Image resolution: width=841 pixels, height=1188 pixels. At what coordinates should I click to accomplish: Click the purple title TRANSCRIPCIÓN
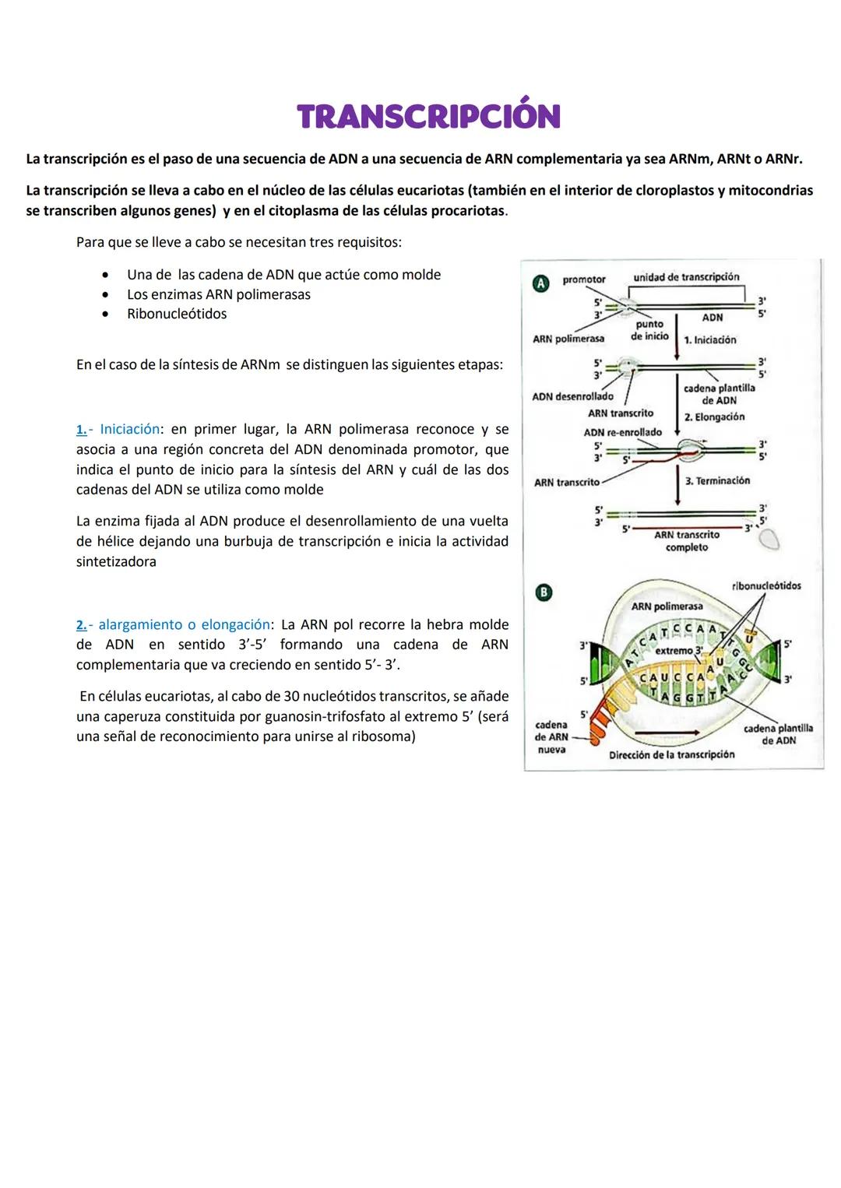tap(428, 116)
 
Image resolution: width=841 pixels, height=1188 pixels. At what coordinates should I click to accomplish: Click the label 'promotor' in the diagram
tap(583, 279)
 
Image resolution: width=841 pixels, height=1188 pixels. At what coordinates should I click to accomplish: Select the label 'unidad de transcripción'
tap(686, 277)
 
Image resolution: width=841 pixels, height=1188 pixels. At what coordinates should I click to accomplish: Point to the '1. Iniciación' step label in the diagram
tap(709, 340)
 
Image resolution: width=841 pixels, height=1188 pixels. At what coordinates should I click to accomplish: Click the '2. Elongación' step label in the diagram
tap(714, 417)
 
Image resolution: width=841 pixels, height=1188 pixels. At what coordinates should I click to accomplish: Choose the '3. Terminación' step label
tap(717, 481)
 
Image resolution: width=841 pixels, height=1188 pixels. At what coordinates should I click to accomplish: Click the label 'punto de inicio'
tap(649, 330)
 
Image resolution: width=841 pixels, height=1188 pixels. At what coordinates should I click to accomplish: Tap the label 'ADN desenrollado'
tap(572, 396)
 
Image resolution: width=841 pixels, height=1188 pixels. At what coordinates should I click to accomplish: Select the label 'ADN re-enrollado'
tap(622, 432)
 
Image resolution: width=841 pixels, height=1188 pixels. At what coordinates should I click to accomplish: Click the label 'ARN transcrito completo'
tap(686, 541)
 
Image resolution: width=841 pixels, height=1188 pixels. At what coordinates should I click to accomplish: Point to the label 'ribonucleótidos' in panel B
tap(766, 586)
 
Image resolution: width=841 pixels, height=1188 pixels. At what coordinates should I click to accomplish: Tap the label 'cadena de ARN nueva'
tap(551, 736)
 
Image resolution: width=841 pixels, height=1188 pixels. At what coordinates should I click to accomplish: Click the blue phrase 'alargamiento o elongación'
tap(185, 625)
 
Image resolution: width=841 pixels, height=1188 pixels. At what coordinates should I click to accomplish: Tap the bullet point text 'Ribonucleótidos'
tap(177, 315)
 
